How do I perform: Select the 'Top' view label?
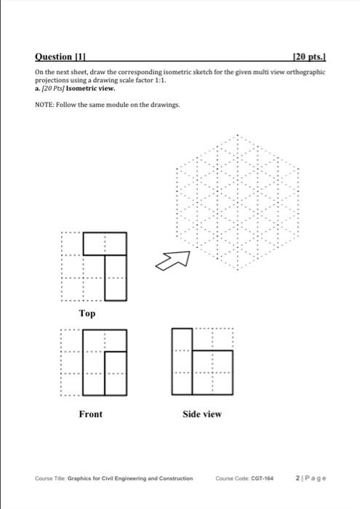coord(87,313)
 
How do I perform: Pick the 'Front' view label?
coord(90,414)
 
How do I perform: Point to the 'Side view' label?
coord(202,414)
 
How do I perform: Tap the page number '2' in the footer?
coord(300,478)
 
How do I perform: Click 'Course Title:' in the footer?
coord(50,478)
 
